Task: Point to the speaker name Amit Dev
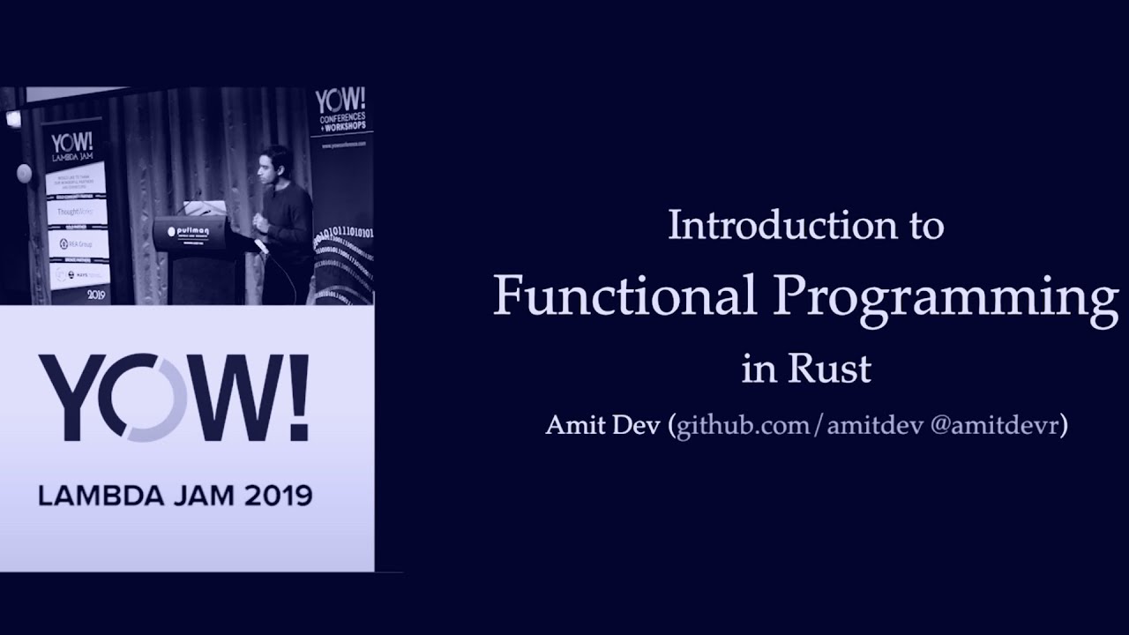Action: (603, 426)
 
